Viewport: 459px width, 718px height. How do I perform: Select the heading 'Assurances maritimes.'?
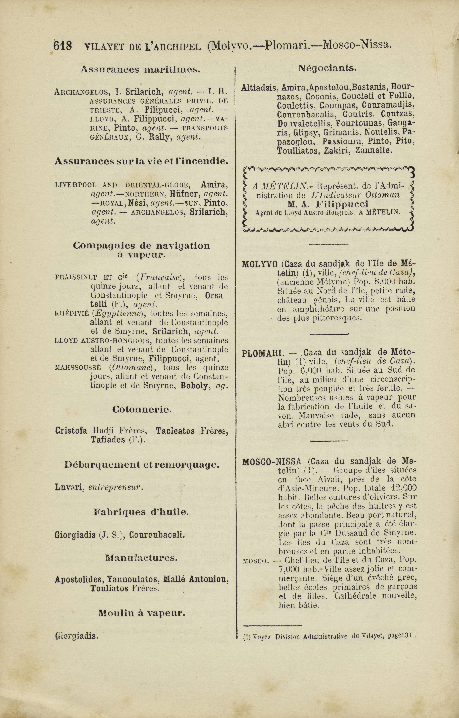[140, 69]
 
